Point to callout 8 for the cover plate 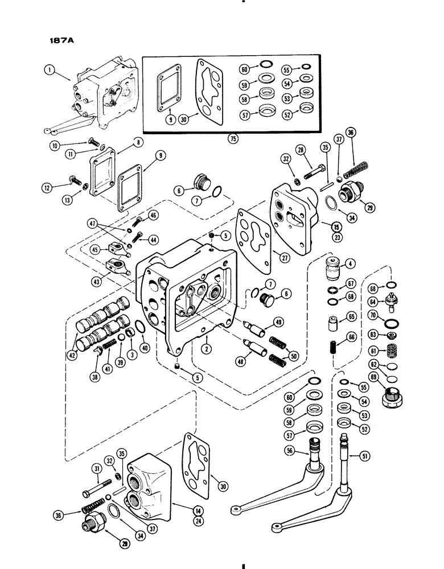pyautogui.click(x=138, y=141)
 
